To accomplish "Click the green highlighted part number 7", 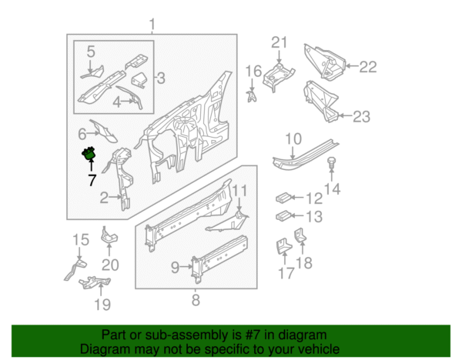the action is click(89, 154).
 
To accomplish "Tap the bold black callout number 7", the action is click(92, 180).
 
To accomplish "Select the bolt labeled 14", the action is click(331, 164).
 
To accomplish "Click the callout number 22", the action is click(368, 67).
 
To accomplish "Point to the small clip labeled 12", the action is click(283, 198).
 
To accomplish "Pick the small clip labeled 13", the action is click(283, 216).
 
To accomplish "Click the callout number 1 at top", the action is click(152, 25).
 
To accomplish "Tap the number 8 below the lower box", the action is click(196, 300).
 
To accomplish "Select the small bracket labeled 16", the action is click(251, 97).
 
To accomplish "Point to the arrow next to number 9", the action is click(186, 267).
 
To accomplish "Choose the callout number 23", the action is click(362, 117).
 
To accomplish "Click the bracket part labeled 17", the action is click(284, 246).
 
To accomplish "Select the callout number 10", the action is click(294, 139).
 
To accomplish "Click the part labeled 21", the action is click(278, 76).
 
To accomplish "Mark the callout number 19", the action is click(102, 305).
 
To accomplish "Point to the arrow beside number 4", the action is click(128, 101).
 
